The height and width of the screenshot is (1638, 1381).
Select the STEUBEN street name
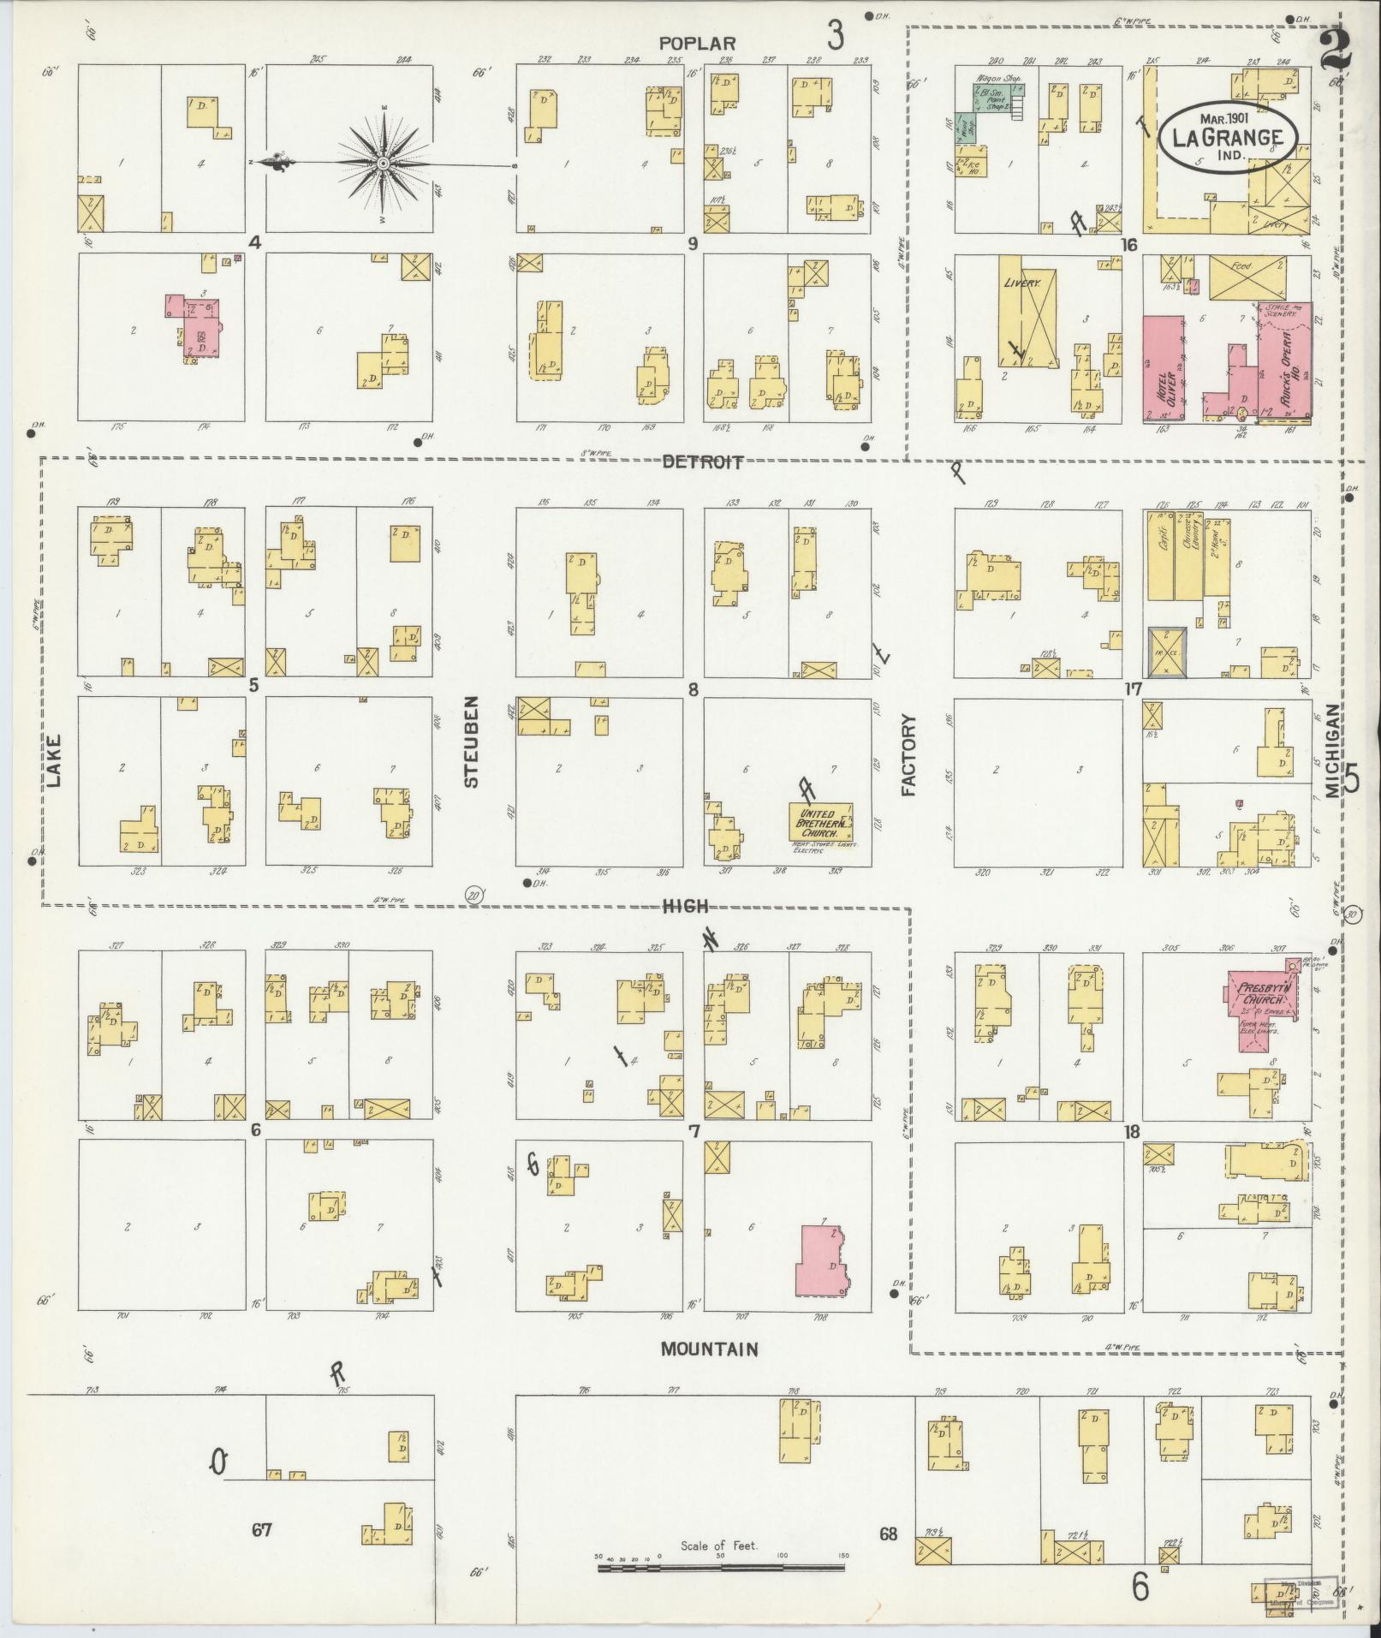[x=471, y=741]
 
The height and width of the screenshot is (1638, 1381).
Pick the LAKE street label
[x=54, y=760]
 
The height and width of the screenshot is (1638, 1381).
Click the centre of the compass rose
[x=384, y=163]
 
